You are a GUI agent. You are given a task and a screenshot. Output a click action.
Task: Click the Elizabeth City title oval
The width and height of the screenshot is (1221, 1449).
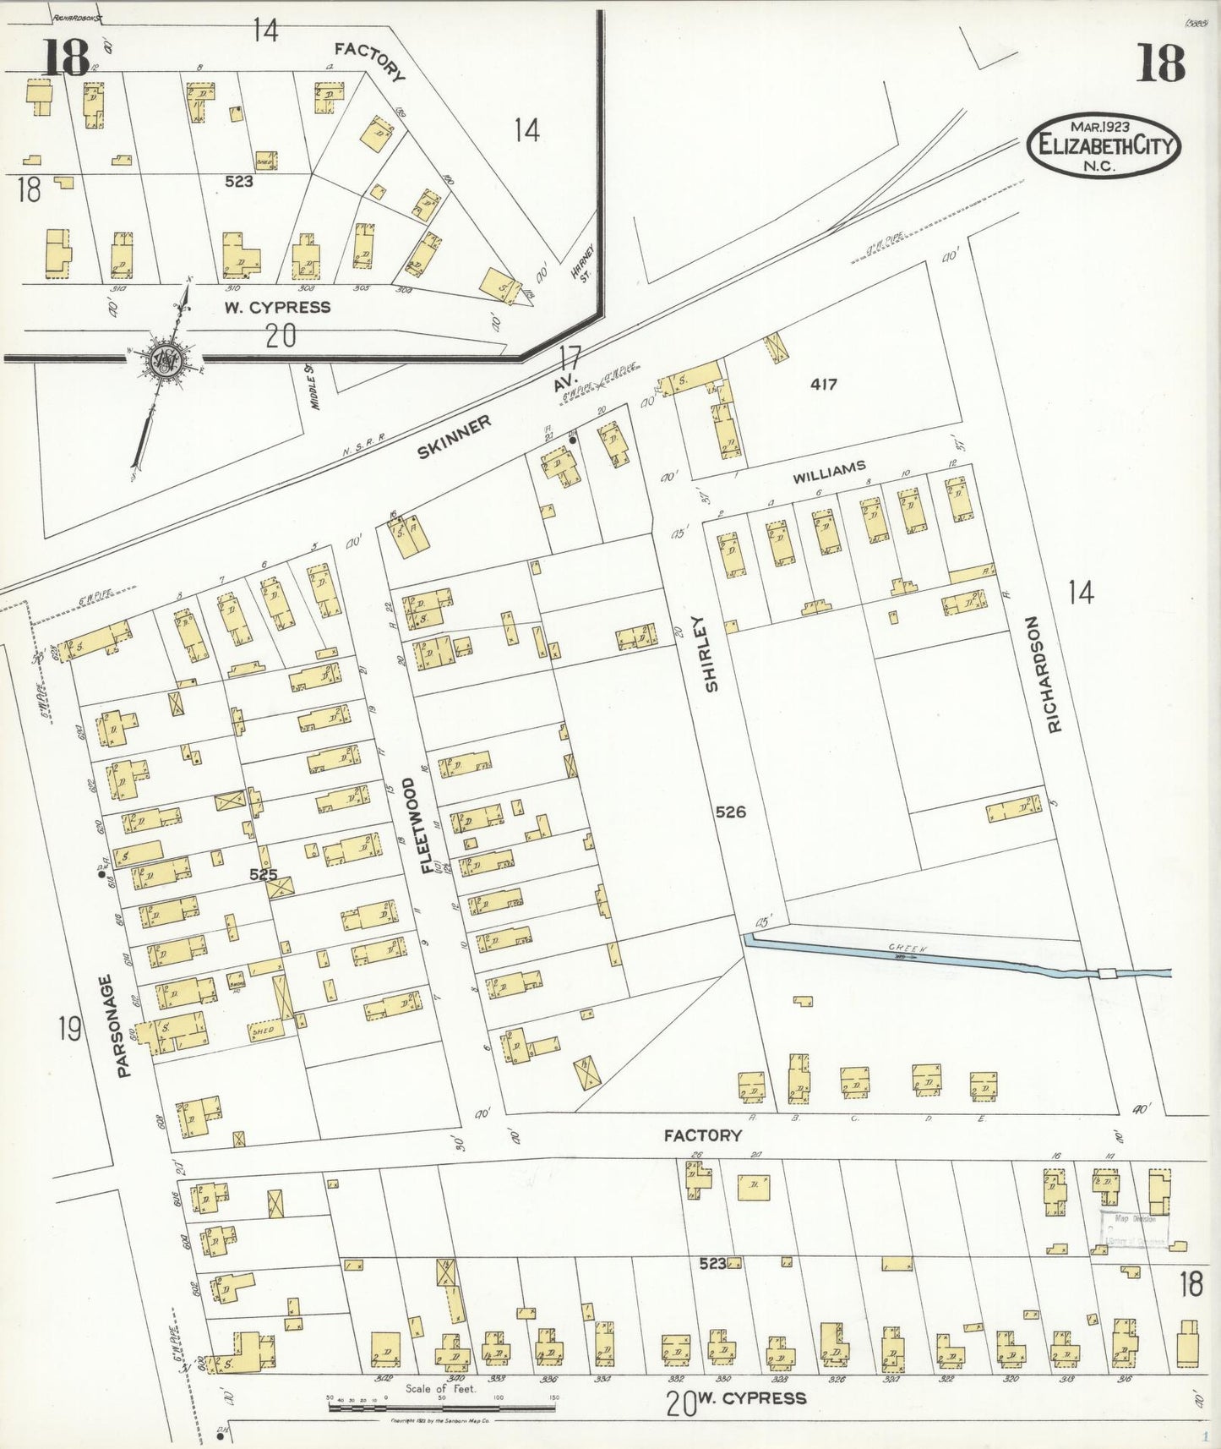pyautogui.click(x=1104, y=145)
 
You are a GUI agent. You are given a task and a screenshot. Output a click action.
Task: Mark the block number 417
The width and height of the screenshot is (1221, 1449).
pyautogui.click(x=823, y=384)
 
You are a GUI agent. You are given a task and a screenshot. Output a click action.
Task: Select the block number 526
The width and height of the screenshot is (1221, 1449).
pyautogui.click(x=730, y=812)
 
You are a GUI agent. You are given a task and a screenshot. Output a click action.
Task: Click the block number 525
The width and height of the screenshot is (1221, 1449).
pyautogui.click(x=263, y=875)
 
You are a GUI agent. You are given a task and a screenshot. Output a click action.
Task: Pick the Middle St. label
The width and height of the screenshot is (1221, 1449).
pyautogui.click(x=313, y=386)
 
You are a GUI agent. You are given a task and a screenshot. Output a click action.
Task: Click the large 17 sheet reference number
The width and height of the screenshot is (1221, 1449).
pyautogui.click(x=570, y=357)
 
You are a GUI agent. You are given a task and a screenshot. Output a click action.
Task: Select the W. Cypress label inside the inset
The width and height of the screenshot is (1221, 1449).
pyautogui.click(x=277, y=306)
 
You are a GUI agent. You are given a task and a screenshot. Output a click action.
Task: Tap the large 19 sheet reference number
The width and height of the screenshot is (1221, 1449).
pyautogui.click(x=70, y=1029)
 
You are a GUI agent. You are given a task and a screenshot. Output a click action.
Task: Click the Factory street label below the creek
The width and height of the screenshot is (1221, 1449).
pyautogui.click(x=702, y=1135)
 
